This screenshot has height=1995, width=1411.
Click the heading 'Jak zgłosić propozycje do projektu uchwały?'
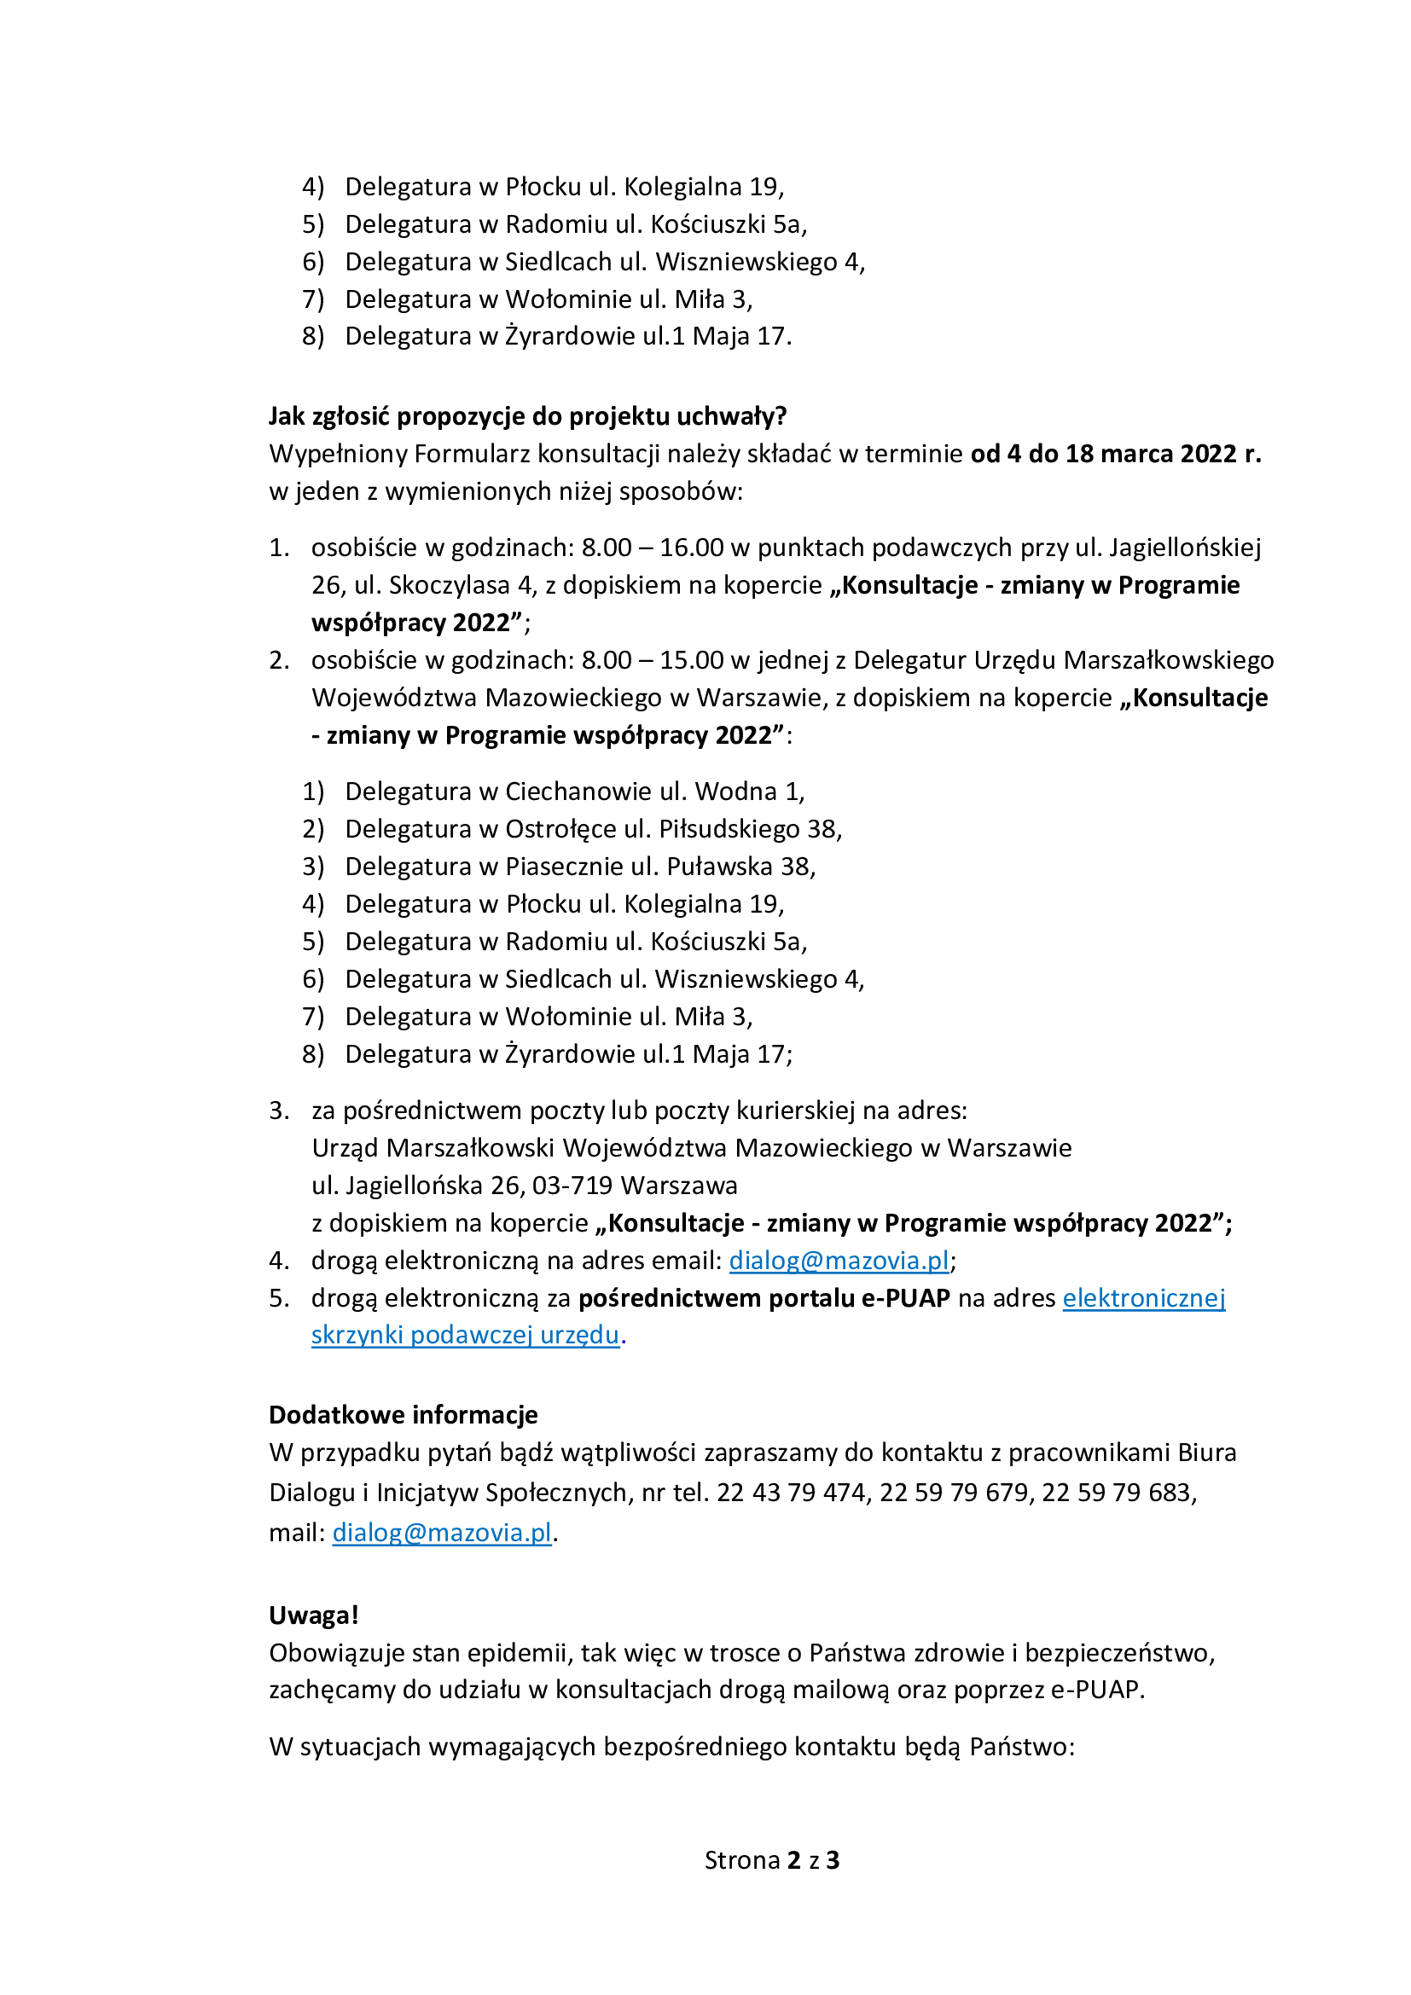click(527, 416)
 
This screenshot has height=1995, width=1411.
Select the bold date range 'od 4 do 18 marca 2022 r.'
click(1116, 454)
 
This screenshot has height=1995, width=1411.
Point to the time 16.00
click(692, 548)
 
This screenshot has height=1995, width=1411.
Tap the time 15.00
click(692, 660)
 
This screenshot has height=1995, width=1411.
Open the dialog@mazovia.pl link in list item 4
click(839, 1261)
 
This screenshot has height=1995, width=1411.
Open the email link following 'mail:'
click(442, 1533)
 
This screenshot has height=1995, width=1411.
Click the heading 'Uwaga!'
click(314, 1615)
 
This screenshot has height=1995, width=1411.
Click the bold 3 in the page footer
click(833, 1860)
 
